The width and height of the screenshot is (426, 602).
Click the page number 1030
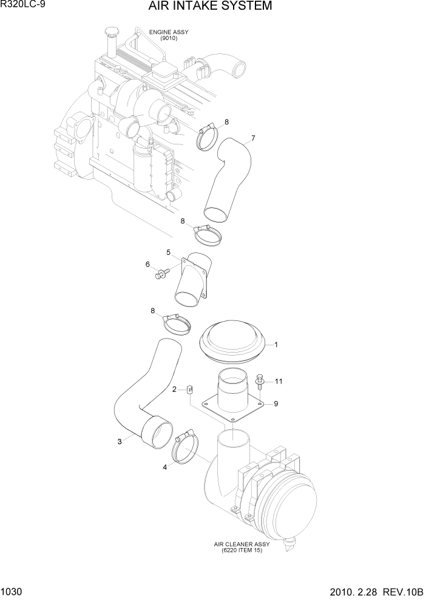coord(13,592)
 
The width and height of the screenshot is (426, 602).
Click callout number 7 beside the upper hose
coord(252,138)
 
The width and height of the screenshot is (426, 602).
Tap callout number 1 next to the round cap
coord(276,345)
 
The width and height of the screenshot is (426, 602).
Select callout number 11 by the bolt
coord(279,381)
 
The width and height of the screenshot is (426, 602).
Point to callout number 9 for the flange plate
coord(276,403)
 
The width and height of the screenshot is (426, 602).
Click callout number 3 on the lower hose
coord(120,441)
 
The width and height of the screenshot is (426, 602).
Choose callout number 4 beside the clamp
coord(164,467)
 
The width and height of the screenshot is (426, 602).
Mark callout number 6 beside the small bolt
coord(147,264)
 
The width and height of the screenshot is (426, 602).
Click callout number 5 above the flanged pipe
coord(169,251)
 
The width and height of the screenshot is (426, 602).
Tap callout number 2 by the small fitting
coord(174,389)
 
